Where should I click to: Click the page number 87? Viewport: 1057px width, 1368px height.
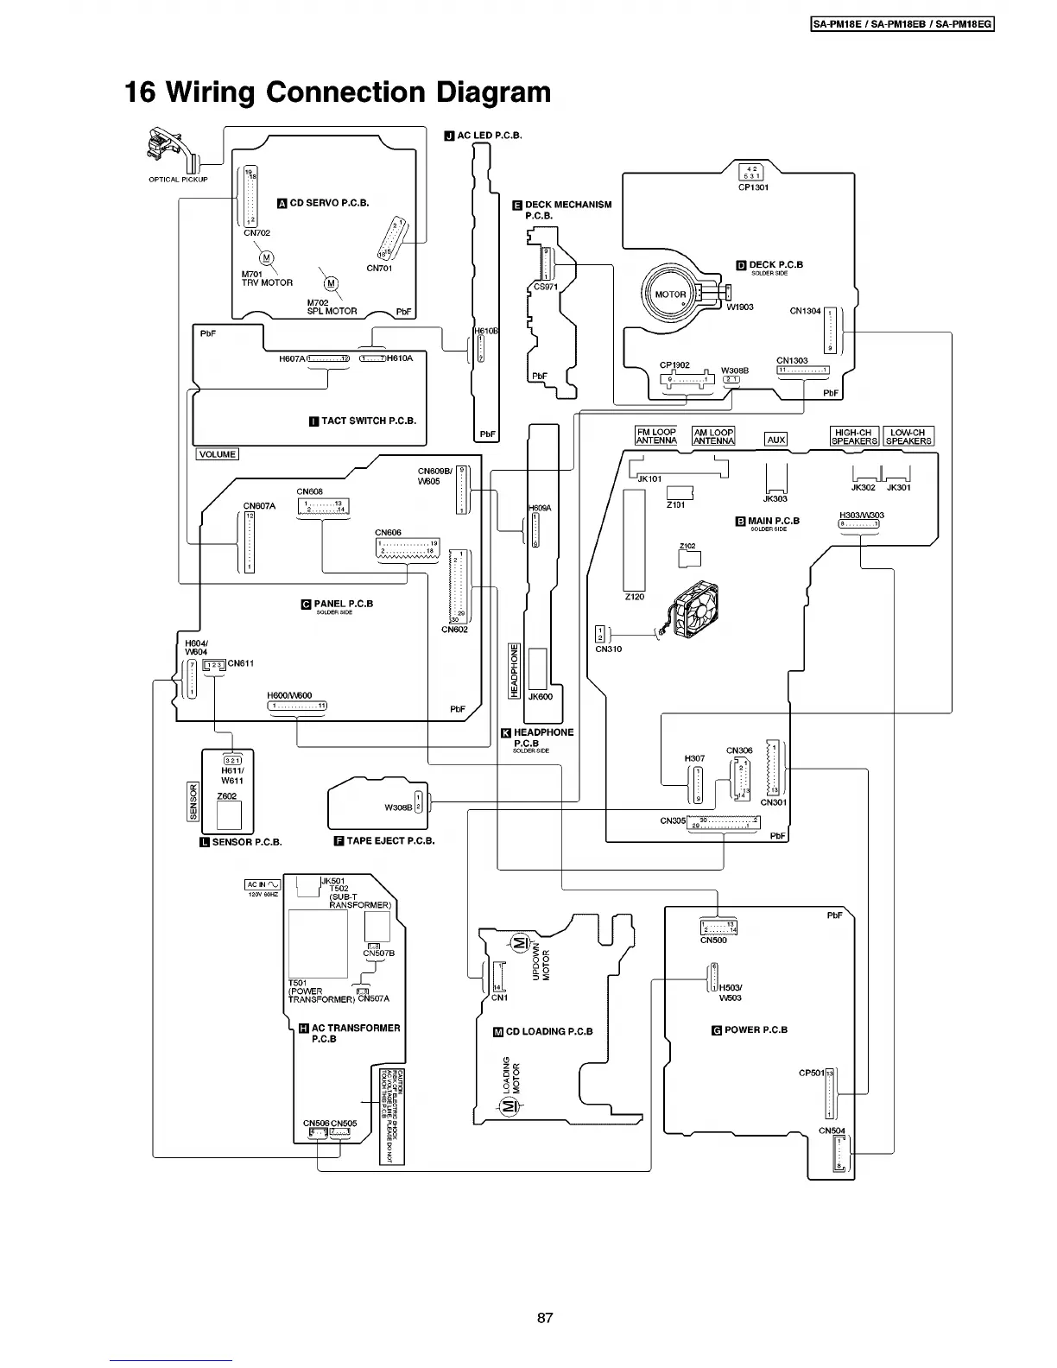pos(544,1318)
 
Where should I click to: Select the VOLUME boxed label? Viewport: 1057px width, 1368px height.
pos(217,454)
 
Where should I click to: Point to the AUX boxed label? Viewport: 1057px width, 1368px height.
pos(776,440)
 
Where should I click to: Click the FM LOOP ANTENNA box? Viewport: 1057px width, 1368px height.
pos(656,436)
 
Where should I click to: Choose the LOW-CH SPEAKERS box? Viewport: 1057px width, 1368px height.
pos(908,436)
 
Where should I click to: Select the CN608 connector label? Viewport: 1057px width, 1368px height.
pos(309,491)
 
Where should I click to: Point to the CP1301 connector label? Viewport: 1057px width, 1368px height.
pos(753,187)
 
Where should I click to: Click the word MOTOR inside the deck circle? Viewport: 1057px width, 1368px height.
pos(670,294)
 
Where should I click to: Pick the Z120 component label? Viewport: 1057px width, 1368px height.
pos(635,597)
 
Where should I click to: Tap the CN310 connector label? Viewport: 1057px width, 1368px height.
pos(608,649)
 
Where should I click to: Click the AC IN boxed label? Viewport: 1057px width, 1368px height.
pos(263,884)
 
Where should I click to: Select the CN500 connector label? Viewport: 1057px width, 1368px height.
pos(713,940)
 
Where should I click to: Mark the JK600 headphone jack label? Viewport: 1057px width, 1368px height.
pos(540,696)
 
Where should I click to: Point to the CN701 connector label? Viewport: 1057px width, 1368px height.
pos(379,268)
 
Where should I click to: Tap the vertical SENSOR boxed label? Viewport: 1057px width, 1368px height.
pos(193,801)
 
